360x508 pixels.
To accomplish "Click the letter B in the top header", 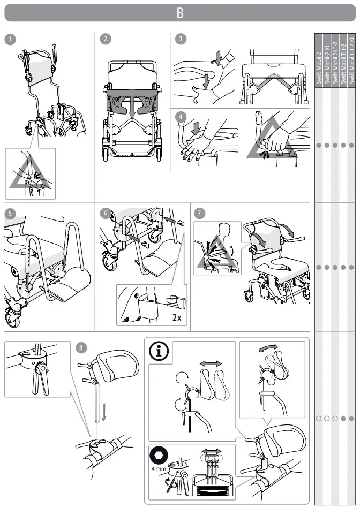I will click(180, 13).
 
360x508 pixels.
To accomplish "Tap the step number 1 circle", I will click(10, 39).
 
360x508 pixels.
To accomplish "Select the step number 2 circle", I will click(106, 39).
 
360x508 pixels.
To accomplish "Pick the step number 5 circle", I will click(10, 213).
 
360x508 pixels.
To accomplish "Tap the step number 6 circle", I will click(106, 213).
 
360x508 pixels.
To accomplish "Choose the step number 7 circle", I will click(200, 213).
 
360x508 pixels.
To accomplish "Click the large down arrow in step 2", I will click(132, 107).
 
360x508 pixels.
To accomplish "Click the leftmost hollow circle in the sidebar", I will click(319, 418).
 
